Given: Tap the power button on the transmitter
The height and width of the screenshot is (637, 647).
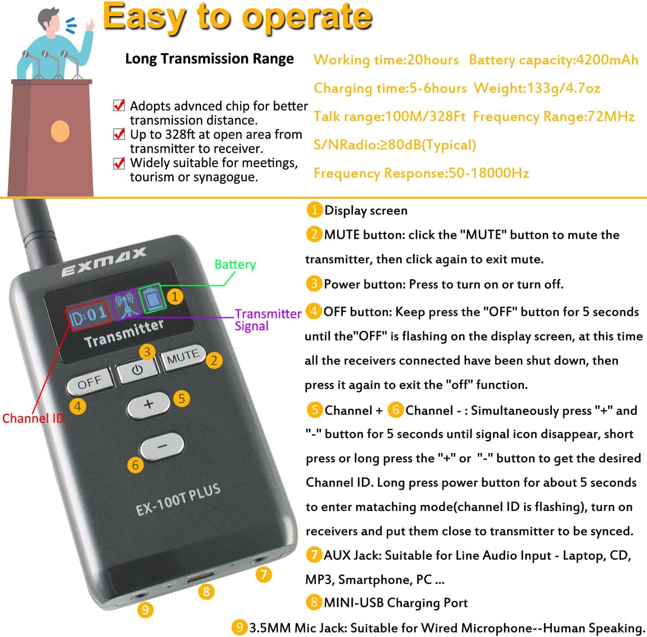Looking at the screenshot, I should (137, 370).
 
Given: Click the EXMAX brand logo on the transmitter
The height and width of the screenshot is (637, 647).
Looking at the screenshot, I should (104, 262).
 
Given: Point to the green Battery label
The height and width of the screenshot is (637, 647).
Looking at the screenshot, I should (235, 264).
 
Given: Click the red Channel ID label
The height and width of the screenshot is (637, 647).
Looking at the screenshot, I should (33, 418).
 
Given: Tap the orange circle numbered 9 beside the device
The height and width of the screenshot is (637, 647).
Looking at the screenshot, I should (145, 609).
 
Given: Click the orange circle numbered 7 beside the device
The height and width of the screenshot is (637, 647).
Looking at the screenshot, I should (264, 574).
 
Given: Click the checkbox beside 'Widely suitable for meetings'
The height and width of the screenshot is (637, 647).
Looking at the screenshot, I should (119, 163).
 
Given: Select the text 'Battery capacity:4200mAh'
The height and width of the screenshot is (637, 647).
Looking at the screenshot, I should (553, 60).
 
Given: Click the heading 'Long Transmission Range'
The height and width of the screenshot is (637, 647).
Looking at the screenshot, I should (209, 59).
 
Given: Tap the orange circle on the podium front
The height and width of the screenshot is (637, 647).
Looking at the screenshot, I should (60, 131).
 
